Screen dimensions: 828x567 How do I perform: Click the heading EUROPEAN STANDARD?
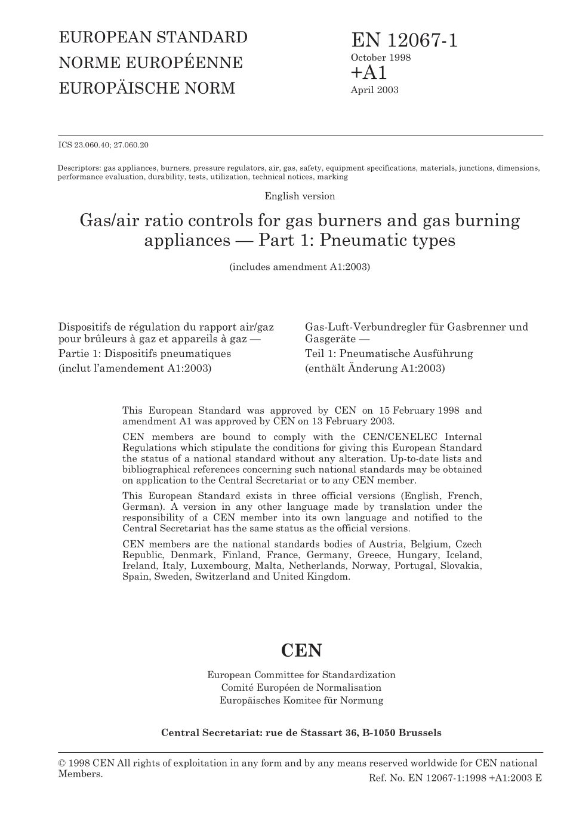(x=153, y=37)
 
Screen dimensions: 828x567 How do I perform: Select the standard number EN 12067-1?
(x=405, y=41)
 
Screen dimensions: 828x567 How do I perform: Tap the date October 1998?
(x=380, y=58)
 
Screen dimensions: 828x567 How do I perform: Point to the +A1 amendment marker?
(x=369, y=73)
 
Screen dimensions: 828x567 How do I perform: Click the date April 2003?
(x=374, y=90)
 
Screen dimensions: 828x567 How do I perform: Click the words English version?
(x=300, y=196)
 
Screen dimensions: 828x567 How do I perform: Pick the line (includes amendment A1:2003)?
(x=300, y=267)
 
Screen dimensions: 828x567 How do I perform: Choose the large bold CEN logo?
(x=301, y=650)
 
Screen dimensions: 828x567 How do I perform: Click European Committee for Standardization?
(x=301, y=675)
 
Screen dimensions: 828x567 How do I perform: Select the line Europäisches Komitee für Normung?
(x=301, y=700)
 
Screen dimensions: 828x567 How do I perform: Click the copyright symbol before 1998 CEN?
(x=62, y=763)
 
